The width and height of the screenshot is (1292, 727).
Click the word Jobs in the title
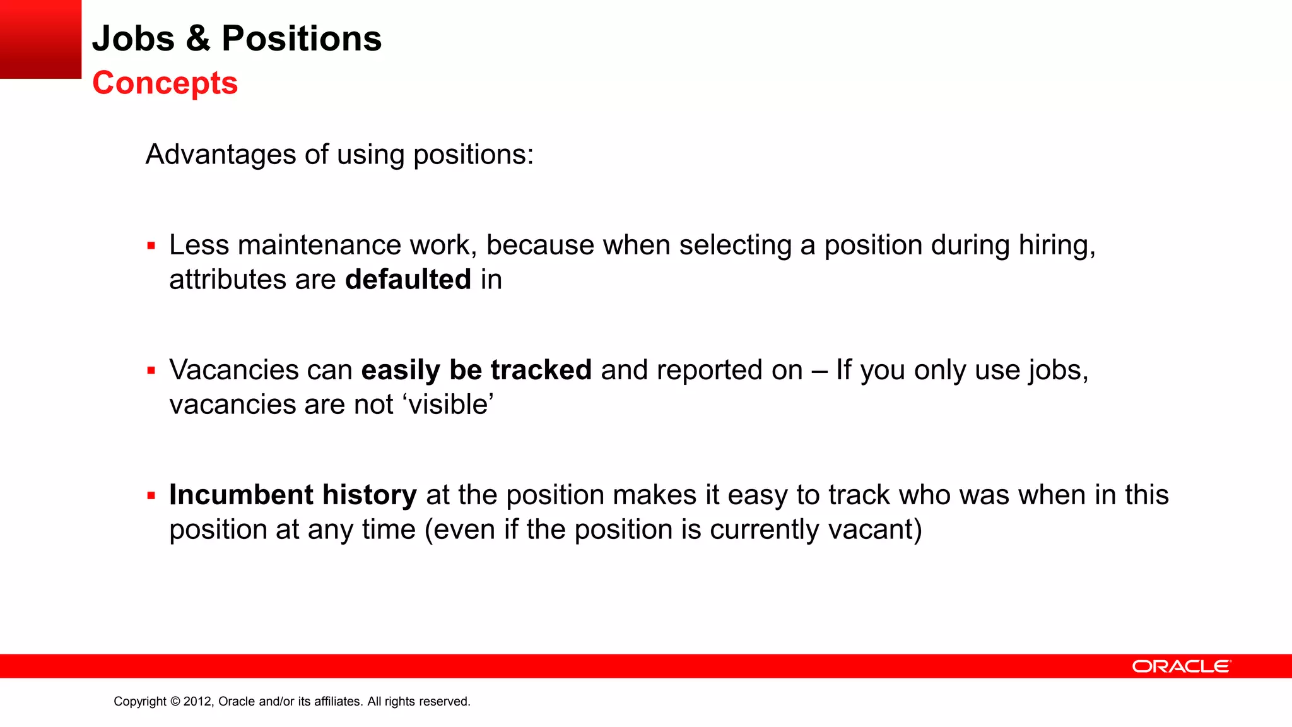[x=133, y=38]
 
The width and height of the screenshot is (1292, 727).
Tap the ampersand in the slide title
[x=198, y=38]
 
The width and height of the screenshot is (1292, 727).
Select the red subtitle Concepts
[x=165, y=83]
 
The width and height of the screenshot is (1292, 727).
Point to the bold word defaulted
[x=408, y=280]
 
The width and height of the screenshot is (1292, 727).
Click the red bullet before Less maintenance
[x=151, y=246]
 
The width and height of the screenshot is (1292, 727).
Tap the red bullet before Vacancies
[x=151, y=371]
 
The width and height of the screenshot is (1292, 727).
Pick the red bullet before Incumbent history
[x=151, y=496]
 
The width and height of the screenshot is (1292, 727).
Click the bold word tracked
[x=541, y=370]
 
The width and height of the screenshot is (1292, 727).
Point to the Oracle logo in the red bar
[x=1181, y=666]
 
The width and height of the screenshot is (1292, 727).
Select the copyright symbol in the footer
[x=175, y=702]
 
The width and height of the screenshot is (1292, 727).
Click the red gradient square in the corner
[x=40, y=39]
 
